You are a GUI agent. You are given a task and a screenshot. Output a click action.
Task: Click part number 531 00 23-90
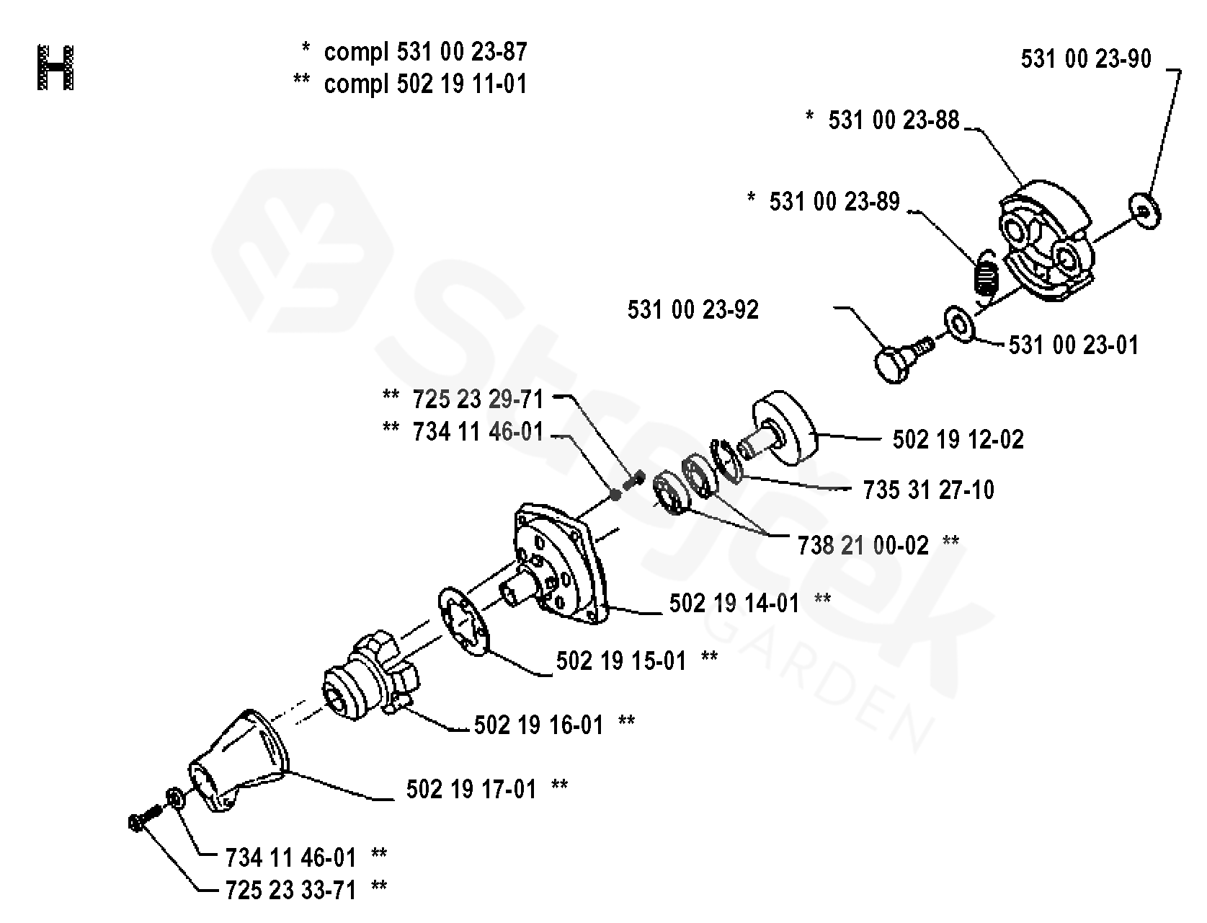(1086, 59)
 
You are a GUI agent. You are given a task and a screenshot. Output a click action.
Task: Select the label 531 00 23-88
(894, 120)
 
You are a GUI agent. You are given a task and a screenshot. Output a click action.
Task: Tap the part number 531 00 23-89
(834, 202)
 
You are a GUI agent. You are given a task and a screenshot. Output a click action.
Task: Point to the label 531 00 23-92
(693, 310)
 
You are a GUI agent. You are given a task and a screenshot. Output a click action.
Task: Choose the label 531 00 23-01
(1074, 345)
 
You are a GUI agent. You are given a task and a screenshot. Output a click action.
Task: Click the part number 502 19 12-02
(958, 439)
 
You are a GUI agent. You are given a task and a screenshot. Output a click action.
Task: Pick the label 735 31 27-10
(928, 490)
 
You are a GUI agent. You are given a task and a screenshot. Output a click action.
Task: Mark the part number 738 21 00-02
(863, 544)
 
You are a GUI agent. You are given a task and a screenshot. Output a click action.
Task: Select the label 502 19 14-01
(734, 603)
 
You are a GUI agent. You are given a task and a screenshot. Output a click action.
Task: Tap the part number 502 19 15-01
(621, 661)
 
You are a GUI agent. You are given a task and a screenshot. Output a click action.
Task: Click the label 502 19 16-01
(538, 724)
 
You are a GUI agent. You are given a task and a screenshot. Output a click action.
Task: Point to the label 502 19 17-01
(471, 790)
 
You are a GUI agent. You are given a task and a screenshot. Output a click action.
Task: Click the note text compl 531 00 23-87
(425, 52)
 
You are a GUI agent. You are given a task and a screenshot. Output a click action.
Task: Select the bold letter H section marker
(55, 69)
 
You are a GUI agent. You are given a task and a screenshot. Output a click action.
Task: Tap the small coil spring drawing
(985, 274)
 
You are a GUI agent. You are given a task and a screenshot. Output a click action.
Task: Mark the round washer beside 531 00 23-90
(1144, 211)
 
